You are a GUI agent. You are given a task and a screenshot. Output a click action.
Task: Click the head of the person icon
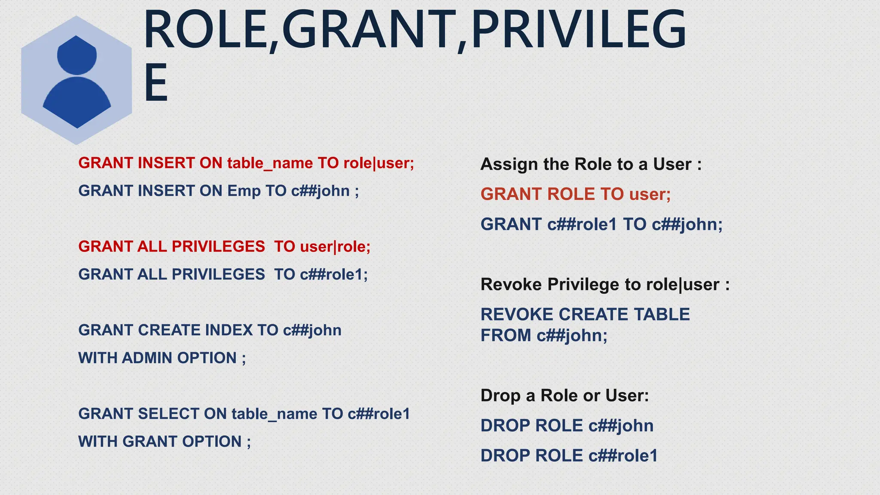(77, 55)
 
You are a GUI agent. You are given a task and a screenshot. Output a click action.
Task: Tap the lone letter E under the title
(156, 82)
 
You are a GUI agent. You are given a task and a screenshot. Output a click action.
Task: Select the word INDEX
(229, 330)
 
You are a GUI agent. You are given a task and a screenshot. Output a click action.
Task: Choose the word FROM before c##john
(506, 336)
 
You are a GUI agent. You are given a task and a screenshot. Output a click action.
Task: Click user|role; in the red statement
(335, 247)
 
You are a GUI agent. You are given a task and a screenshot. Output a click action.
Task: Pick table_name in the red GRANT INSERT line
(270, 163)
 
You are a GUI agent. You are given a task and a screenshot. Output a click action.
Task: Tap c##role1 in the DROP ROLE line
(623, 456)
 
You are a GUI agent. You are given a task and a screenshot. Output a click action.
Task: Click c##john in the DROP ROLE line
(621, 426)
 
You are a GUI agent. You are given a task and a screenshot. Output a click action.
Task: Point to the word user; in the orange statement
(650, 194)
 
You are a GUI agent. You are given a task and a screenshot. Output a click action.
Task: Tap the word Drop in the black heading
(500, 396)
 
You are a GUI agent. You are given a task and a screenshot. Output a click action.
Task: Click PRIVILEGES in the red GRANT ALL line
(218, 247)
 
